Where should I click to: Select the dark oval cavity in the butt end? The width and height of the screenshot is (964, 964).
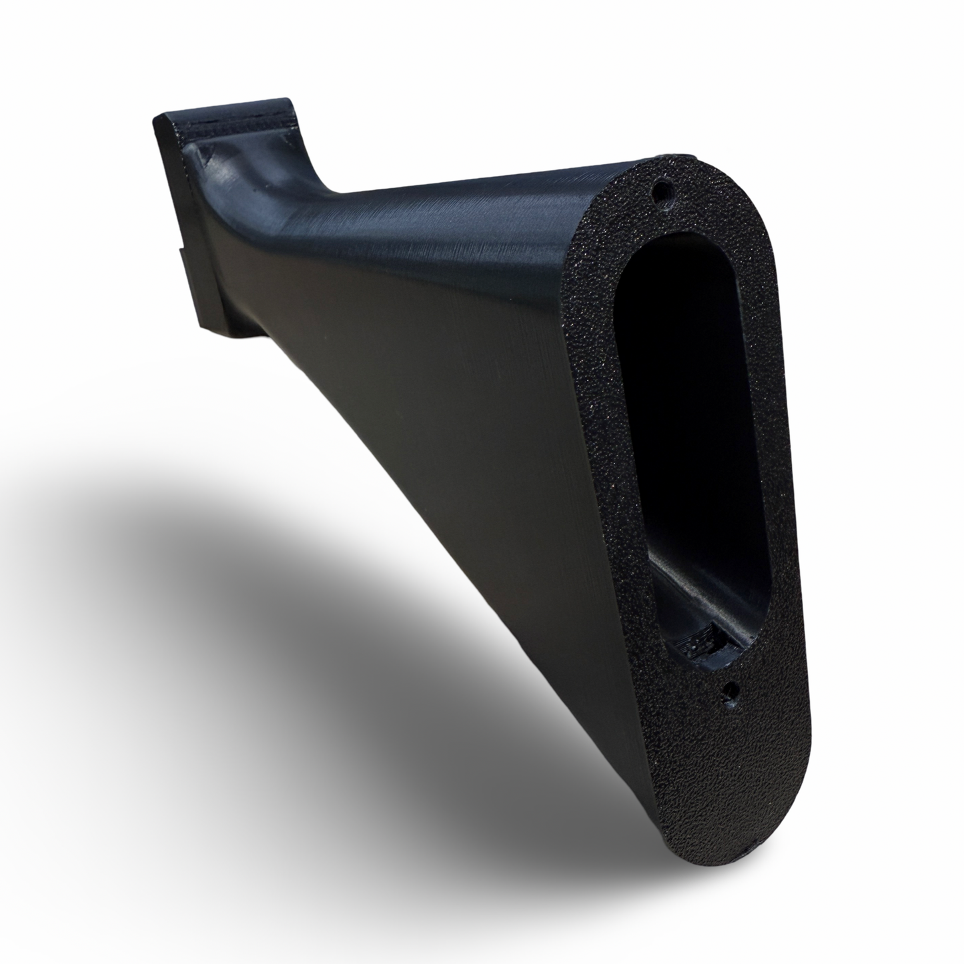[x=694, y=400]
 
